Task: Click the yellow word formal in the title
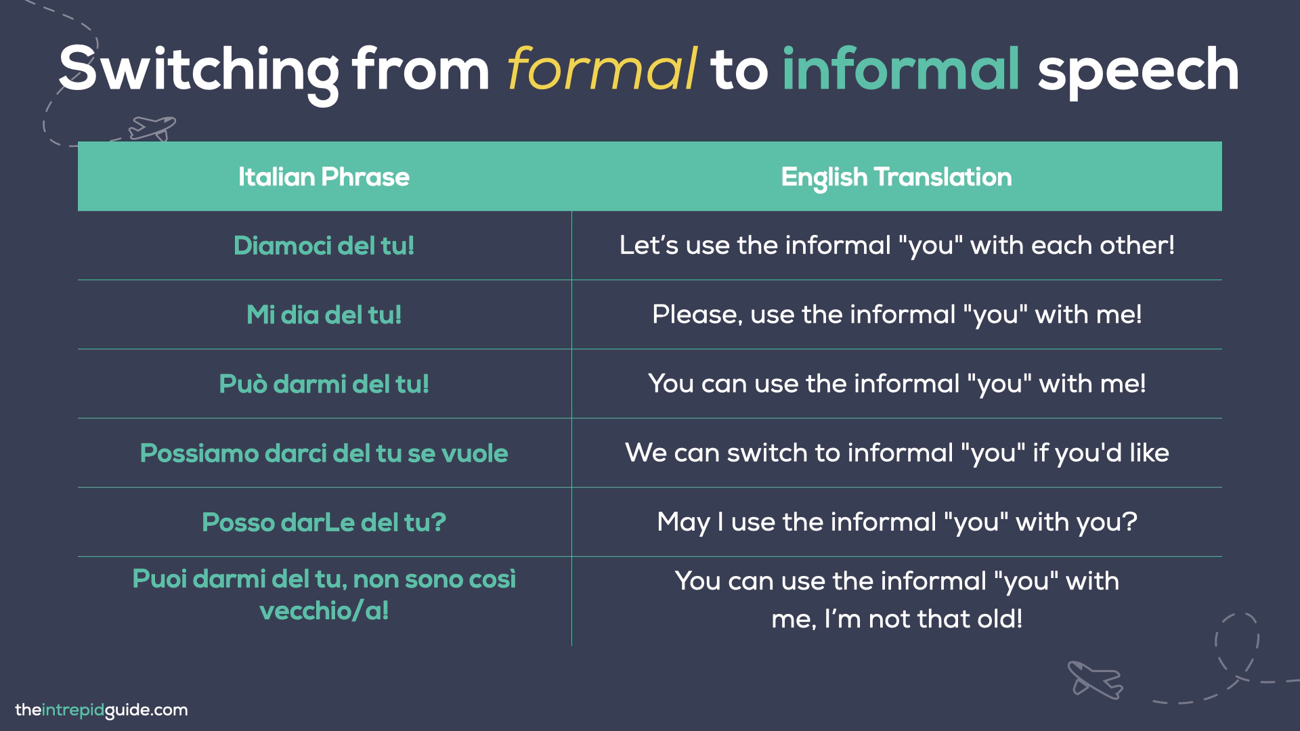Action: pos(601,69)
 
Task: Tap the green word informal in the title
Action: pos(901,69)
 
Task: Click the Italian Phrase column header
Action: pos(324,177)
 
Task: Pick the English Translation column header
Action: pos(896,177)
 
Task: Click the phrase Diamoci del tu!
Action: pos(324,246)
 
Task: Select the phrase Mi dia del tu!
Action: pos(324,315)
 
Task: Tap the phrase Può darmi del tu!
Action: pos(324,384)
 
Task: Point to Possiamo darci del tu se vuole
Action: pos(324,453)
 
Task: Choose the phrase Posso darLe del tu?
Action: pos(324,522)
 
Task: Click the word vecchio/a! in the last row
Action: pos(324,611)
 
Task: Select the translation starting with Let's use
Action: pos(896,245)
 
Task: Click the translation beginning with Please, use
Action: pos(896,314)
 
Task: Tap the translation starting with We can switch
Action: pos(896,452)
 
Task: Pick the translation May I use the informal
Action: pos(896,521)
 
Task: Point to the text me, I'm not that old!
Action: pos(896,619)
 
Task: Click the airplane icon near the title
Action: pos(152,127)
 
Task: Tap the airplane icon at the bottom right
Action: pos(1094,680)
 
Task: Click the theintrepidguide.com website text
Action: pos(102,710)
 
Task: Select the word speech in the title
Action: pos(1137,70)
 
